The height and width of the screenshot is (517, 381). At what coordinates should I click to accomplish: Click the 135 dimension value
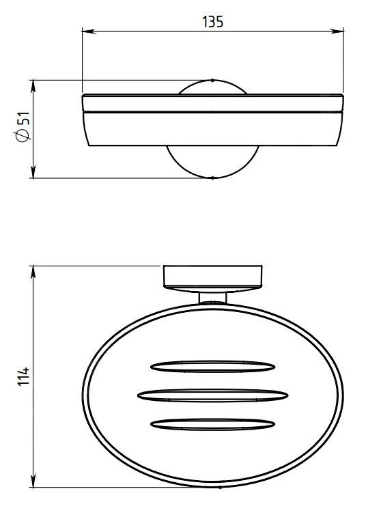point(212,22)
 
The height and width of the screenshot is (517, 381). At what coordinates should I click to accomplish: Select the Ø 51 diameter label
point(23,127)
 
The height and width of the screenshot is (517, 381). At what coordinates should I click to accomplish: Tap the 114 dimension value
point(23,376)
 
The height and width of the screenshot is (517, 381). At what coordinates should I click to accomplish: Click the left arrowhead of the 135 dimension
point(89,31)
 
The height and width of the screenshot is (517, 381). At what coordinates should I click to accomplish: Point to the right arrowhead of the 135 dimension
point(337,31)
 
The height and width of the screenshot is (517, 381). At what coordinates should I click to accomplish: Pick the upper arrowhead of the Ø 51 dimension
point(33,87)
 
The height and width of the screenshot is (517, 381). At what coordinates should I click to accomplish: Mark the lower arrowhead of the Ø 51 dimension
point(33,171)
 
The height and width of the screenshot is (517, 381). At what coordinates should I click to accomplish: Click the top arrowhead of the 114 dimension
point(33,273)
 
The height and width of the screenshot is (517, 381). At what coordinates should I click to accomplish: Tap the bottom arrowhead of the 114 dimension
point(33,480)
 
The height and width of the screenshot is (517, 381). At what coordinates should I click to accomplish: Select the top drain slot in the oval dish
point(212,367)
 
